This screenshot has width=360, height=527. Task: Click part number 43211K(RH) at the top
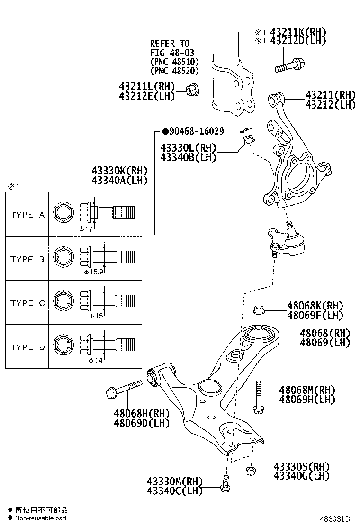point(298,32)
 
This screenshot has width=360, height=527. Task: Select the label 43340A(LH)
point(120,180)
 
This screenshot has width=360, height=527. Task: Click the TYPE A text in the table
point(27,215)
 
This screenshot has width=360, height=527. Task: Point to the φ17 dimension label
point(86,228)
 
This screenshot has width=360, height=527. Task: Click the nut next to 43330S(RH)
point(251,471)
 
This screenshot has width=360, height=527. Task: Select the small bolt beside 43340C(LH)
point(225,484)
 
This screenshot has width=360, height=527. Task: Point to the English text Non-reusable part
point(41,518)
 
